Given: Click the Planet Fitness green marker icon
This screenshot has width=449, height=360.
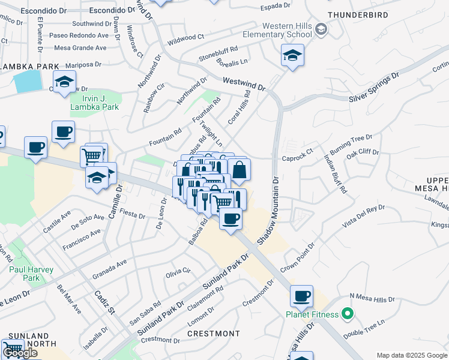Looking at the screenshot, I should [x=346, y=314].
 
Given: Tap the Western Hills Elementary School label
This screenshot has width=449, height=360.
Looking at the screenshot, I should [x=288, y=30].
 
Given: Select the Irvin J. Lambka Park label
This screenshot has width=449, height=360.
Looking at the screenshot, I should [x=95, y=102].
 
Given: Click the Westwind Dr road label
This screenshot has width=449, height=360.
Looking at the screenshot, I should [x=243, y=83].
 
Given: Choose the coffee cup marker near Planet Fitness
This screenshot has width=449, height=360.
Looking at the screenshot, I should [x=301, y=296].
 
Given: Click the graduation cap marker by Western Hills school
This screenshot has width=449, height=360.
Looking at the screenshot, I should [x=292, y=56].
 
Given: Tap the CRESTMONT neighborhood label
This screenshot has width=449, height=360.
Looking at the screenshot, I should [x=214, y=333].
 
